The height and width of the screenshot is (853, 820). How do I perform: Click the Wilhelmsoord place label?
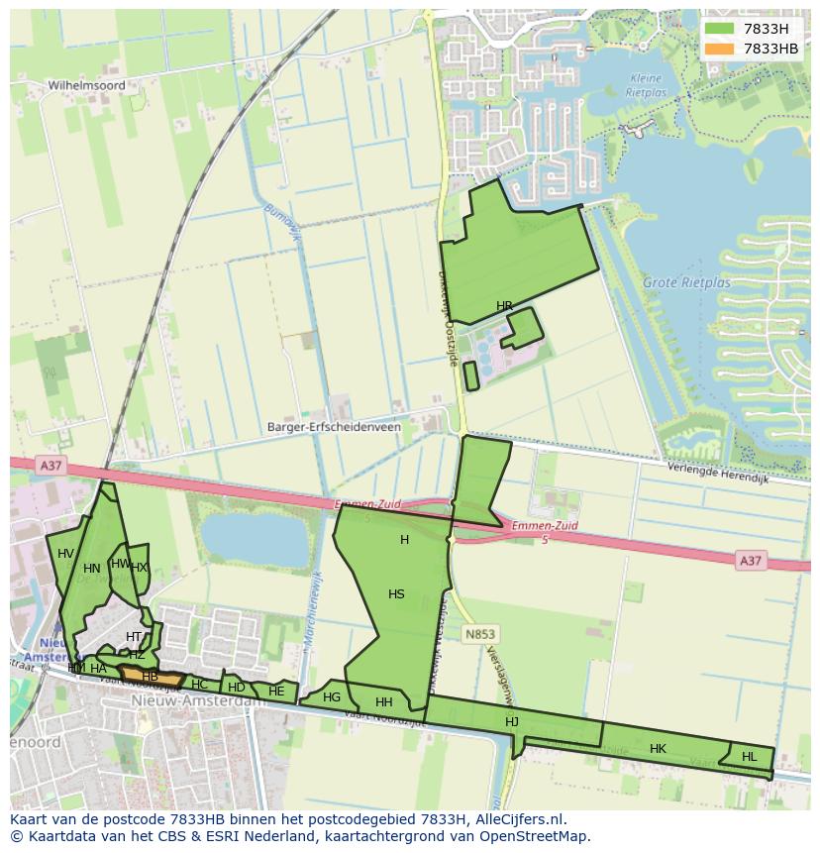pos(87,86)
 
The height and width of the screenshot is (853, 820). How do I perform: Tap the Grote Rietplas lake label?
pos(686,282)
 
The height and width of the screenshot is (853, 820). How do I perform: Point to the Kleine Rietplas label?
pos(648,85)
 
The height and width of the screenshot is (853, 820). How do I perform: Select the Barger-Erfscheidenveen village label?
pos(334,427)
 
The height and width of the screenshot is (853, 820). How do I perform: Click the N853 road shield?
pos(480,633)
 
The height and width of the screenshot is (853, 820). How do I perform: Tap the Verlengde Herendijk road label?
pos(717,472)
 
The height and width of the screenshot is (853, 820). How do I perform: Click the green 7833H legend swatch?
pos(719,29)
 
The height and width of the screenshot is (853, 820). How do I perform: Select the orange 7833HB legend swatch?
pos(719,49)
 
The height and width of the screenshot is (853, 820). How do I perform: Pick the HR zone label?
pos(504,306)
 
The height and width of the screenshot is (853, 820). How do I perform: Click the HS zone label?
pos(396,594)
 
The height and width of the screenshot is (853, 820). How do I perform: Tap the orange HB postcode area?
pos(151,678)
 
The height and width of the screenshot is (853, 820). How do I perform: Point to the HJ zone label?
pos(512,722)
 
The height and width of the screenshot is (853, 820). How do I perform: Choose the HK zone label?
pos(658,749)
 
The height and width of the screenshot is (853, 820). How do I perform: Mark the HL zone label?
pos(749,757)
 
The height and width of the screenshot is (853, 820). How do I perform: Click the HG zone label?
pos(332,697)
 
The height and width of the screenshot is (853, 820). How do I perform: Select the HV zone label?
pos(65,554)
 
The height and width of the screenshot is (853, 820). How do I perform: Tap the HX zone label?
pos(139,568)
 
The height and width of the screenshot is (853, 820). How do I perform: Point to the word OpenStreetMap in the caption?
pos(535,836)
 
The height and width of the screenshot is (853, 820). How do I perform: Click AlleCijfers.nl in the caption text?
pos(514,819)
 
